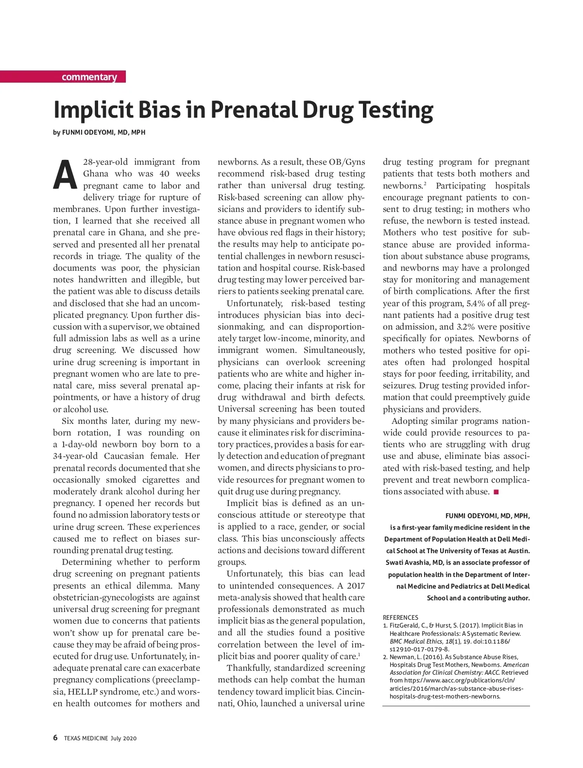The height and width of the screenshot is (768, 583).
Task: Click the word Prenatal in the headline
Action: pos(255,110)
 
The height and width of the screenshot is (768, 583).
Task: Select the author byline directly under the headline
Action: pos(99,132)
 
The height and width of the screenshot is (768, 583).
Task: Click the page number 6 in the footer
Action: pos(55,738)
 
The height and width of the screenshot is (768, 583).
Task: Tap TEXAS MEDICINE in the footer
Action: pos(86,738)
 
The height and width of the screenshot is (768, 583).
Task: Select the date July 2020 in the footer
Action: pos(123,738)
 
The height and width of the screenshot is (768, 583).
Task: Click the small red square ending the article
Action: pos(496,492)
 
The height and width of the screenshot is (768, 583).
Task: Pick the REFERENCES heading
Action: pos(400,617)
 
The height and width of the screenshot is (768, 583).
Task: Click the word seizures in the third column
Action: pos(399,385)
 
